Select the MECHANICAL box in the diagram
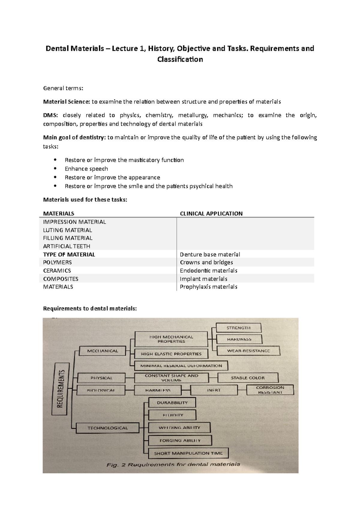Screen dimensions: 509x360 pyautogui.click(x=102, y=351)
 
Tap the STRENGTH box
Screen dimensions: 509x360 pyautogui.click(x=238, y=328)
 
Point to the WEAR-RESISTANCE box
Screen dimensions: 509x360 pyautogui.click(x=248, y=351)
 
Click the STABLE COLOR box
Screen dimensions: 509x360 pyautogui.click(x=248, y=378)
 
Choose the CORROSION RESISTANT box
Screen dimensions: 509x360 pyautogui.click(x=270, y=390)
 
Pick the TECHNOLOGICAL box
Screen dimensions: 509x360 pyautogui.click(x=107, y=428)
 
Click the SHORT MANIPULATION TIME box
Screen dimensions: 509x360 pyautogui.click(x=188, y=453)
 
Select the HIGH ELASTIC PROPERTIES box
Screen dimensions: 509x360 pyautogui.click(x=171, y=354)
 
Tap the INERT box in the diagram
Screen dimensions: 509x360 pyautogui.click(x=214, y=390)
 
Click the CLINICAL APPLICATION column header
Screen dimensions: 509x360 pyautogui.click(x=211, y=213)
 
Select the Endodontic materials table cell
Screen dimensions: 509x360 pyautogui.click(x=208, y=270)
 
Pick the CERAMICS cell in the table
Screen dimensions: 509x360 pyautogui.click(x=57, y=270)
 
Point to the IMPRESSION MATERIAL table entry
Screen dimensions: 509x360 pyautogui.click(x=74, y=222)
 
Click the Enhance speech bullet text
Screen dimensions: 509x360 pyautogui.click(x=86, y=169)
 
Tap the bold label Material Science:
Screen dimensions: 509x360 pyautogui.click(x=66, y=102)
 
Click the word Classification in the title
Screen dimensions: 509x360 pyautogui.click(x=180, y=59)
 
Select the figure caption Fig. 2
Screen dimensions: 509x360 pyautogui.click(x=173, y=465)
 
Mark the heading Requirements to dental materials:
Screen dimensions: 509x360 pyautogui.click(x=90, y=308)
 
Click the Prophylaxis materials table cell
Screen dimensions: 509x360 pyautogui.click(x=208, y=287)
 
